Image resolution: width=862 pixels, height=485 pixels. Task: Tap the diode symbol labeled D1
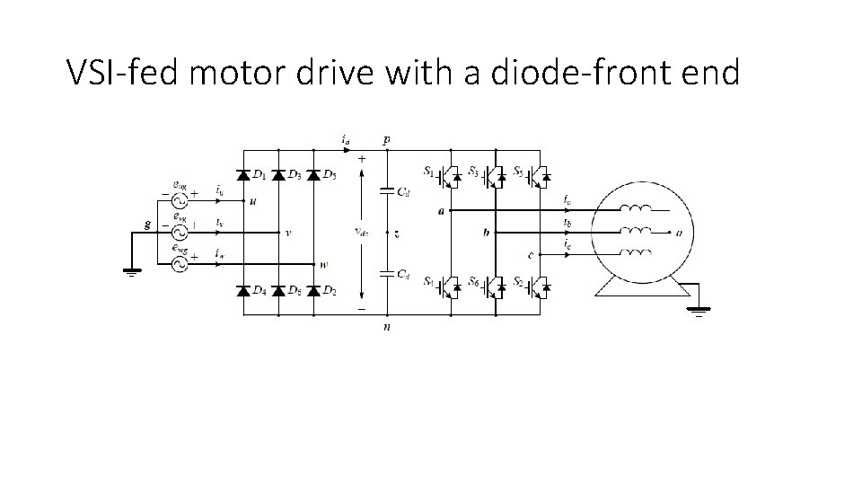pyautogui.click(x=242, y=174)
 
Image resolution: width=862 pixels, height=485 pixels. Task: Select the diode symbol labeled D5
pyautogui.click(x=313, y=174)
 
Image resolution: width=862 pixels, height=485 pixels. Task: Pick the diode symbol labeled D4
pyautogui.click(x=242, y=291)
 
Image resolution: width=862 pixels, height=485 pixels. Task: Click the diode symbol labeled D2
pyautogui.click(x=313, y=291)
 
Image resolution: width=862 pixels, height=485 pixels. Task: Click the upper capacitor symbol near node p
pyautogui.click(x=385, y=191)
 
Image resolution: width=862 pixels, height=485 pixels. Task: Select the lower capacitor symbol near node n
pyautogui.click(x=385, y=272)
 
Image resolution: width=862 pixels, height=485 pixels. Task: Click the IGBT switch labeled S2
pyautogui.click(x=539, y=287)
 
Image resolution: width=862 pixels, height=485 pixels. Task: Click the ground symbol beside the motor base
pyautogui.click(x=699, y=310)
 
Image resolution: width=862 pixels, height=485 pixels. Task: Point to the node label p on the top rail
pyautogui.click(x=386, y=141)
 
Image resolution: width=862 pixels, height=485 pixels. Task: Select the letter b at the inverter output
pyautogui.click(x=486, y=233)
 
